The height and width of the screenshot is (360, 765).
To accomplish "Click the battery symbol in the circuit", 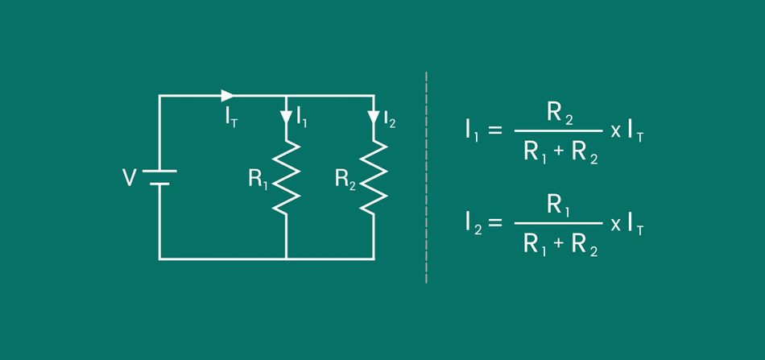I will point(159,177).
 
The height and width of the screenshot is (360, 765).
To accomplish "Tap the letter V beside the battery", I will point(129,178).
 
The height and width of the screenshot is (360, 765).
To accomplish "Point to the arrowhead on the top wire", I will point(228,95).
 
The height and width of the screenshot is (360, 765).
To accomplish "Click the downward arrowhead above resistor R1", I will point(286,118).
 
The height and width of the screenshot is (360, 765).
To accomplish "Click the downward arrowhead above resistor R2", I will point(373,118).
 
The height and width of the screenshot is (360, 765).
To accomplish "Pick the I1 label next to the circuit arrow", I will point(301,118).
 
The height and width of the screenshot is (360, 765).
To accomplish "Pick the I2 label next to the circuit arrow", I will point(389,119).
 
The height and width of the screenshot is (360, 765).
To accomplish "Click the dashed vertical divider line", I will point(426,177).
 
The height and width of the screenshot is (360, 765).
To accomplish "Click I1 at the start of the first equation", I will point(472,131).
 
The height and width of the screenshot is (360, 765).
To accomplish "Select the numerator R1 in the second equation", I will point(559,207).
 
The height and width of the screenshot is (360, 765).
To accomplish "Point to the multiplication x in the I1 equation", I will point(615,131).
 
